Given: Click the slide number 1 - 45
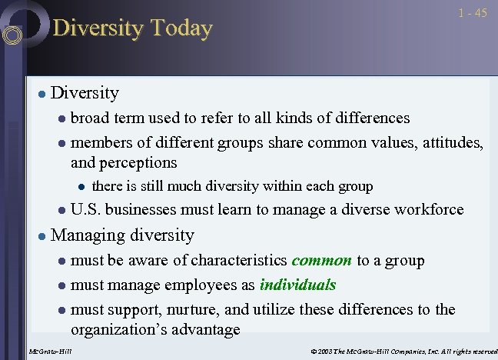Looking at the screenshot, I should (x=472, y=13).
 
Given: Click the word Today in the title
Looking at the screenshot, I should (x=181, y=28).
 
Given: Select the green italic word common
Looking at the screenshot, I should (x=321, y=260).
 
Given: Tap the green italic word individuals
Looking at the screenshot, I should (x=297, y=285).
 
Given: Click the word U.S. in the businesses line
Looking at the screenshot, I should (x=87, y=209).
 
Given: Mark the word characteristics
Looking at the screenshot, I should (x=239, y=260).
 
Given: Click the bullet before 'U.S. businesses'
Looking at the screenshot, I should (x=62, y=210).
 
